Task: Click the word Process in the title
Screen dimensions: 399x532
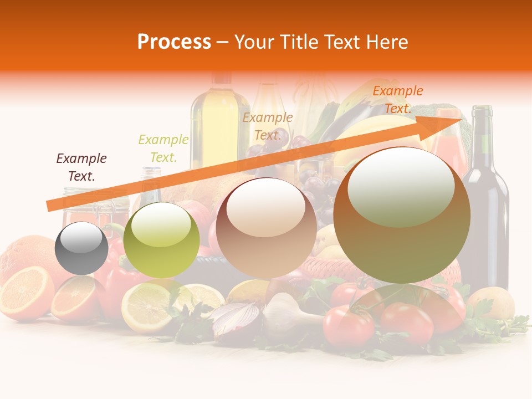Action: [x=174, y=42]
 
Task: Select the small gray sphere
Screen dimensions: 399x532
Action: [x=81, y=248]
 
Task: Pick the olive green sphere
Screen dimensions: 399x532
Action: [x=161, y=240]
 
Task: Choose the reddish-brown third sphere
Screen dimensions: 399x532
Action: [x=266, y=227]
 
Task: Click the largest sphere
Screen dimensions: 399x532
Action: [x=402, y=215]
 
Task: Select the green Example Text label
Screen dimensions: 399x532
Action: [x=163, y=149]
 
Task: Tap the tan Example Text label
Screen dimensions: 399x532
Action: [x=268, y=126]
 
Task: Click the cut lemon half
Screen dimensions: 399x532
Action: [x=145, y=308]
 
